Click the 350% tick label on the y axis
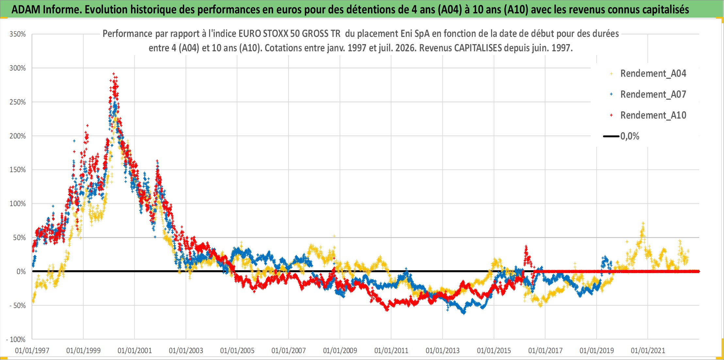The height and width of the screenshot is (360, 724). [x=17, y=34]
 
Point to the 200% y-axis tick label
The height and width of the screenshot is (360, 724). [x=17, y=136]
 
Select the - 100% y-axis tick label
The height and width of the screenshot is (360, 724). [x=16, y=339]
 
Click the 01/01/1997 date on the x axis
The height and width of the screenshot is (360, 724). [x=32, y=351]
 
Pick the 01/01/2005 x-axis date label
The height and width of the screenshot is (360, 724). [x=237, y=351]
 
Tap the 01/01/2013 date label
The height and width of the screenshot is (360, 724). [x=442, y=351]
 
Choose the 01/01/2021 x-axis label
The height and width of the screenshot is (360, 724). [x=648, y=351]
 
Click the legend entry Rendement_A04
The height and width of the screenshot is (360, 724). [x=653, y=74]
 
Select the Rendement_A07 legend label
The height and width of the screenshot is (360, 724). [x=653, y=94]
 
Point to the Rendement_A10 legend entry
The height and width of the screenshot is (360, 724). [x=653, y=115]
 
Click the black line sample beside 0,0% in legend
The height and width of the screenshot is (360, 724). [x=611, y=136]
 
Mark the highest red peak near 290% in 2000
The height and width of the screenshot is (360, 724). [x=113, y=74]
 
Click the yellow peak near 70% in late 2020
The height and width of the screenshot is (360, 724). [x=643, y=223]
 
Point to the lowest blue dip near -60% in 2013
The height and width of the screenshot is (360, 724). [x=464, y=313]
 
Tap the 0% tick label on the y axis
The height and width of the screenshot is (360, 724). [x=21, y=271]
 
